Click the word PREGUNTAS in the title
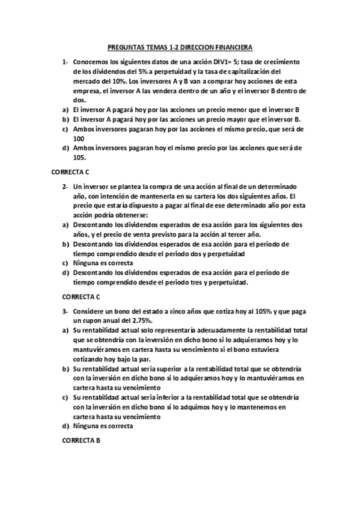[x=124, y=46]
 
